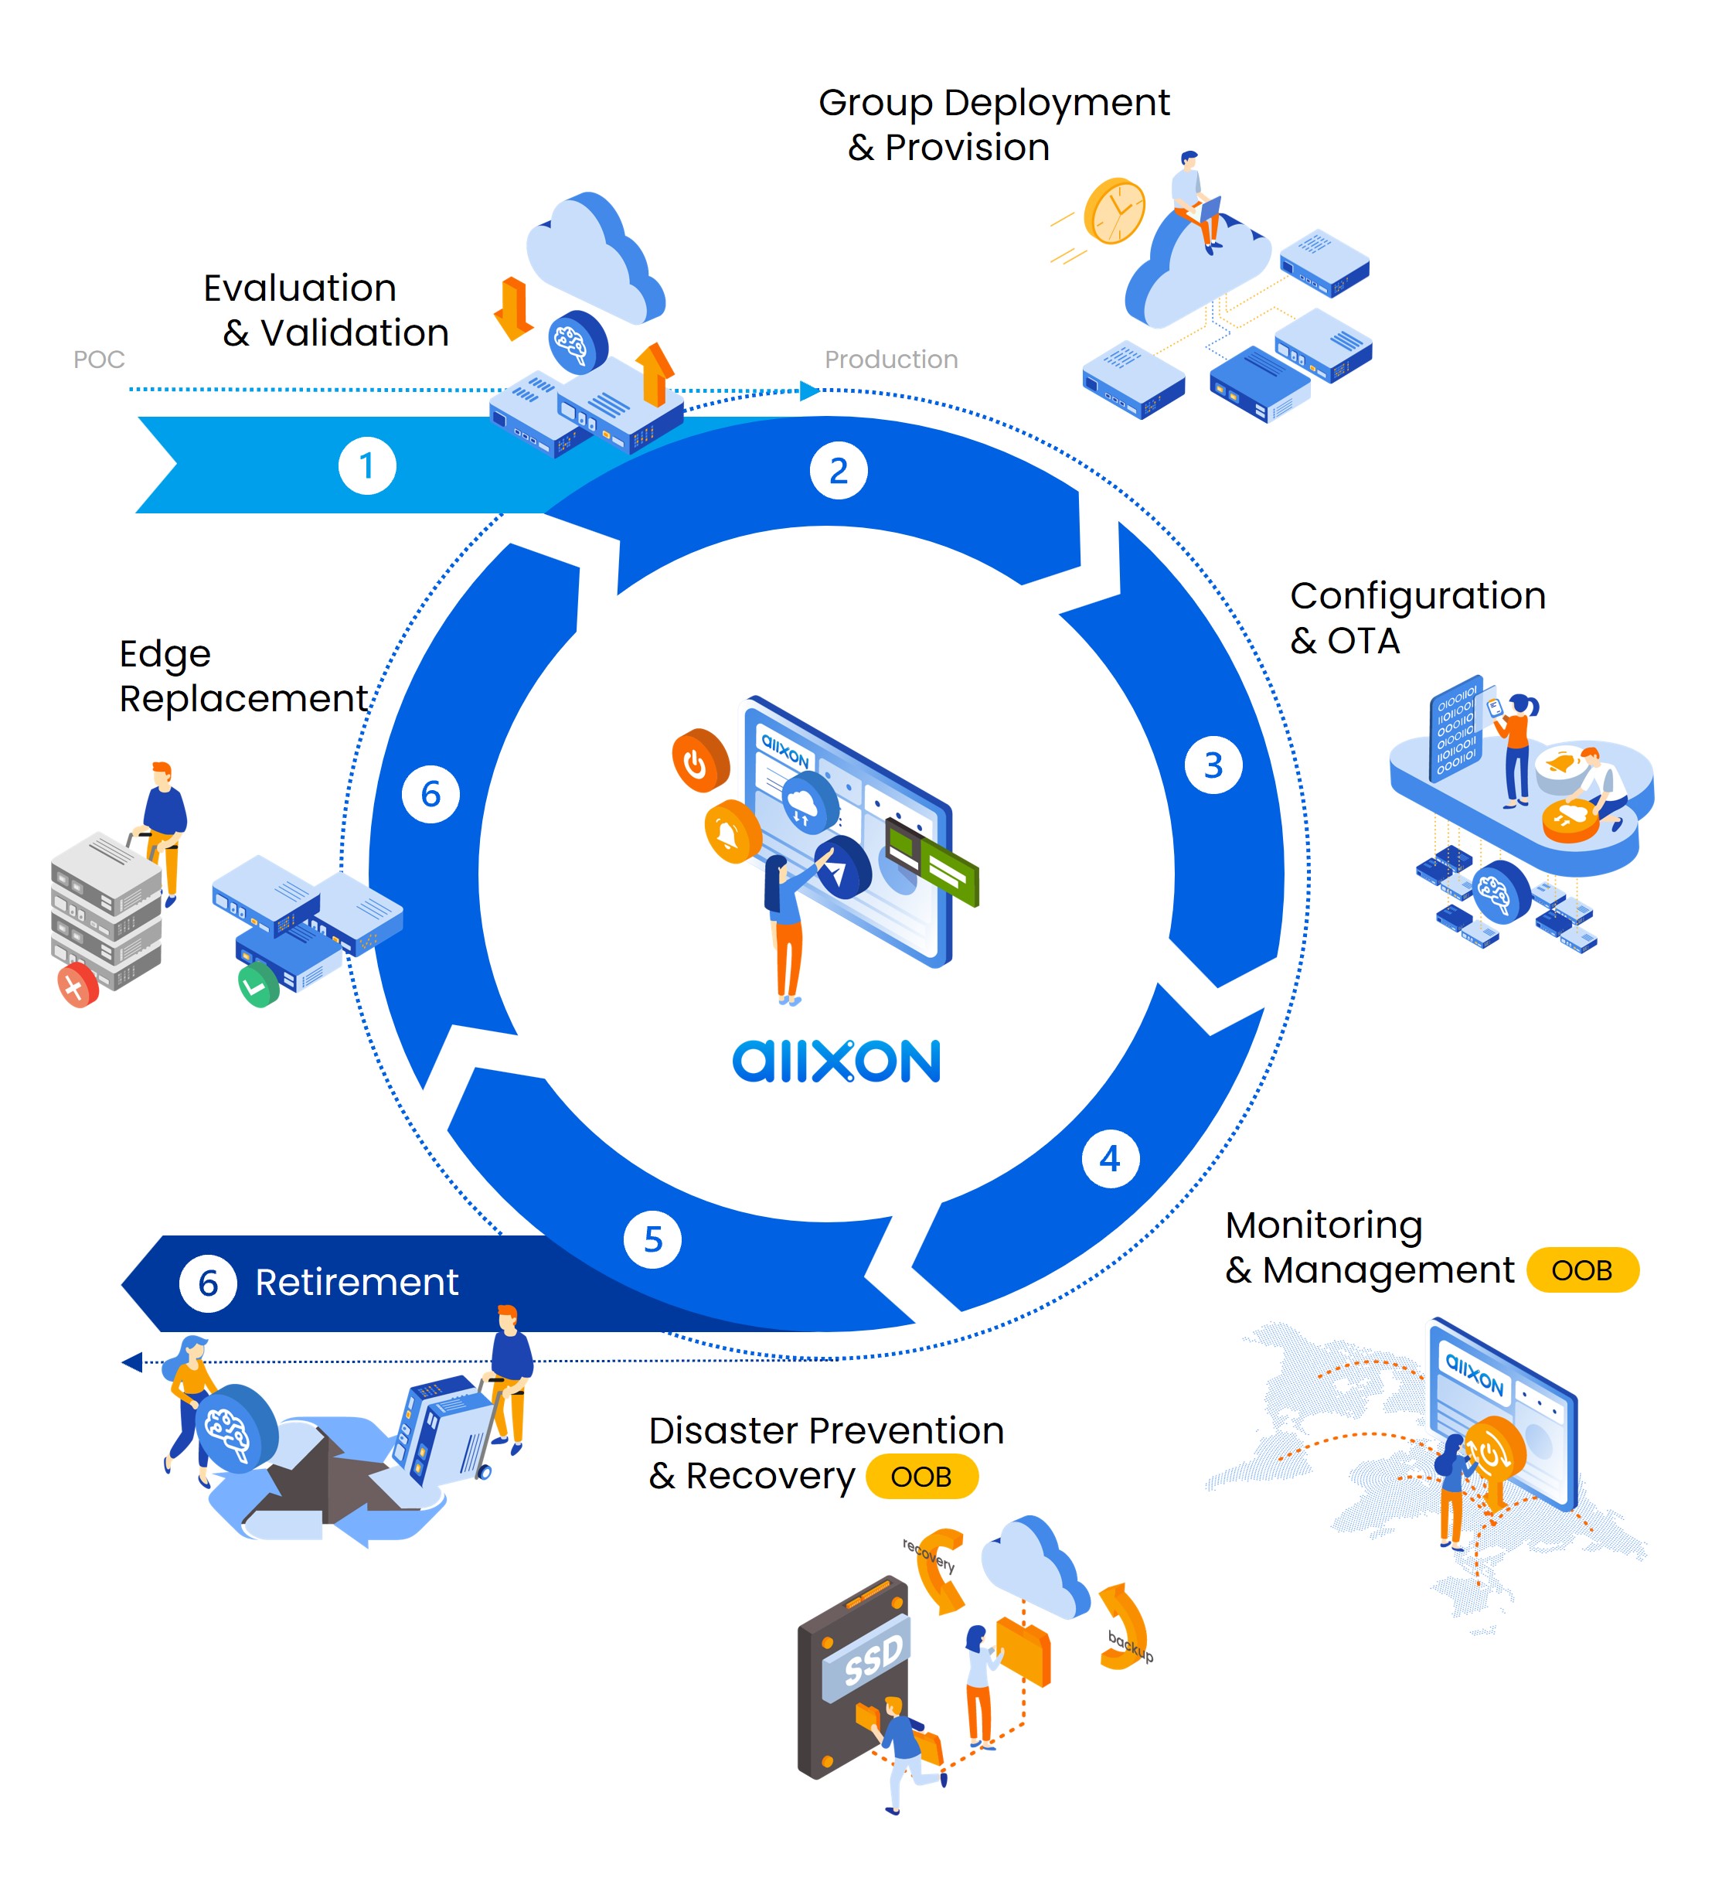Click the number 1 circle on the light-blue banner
click(x=366, y=465)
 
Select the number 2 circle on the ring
click(x=838, y=470)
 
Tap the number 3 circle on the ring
click(x=1213, y=765)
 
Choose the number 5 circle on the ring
click(x=652, y=1239)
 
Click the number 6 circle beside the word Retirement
click(x=208, y=1283)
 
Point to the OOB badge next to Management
click(x=1581, y=1270)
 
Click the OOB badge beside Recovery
click(x=921, y=1477)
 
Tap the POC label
click(x=98, y=360)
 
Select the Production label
click(x=890, y=360)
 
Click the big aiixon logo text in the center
click(x=835, y=1061)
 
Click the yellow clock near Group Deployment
click(x=1115, y=212)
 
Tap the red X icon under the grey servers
click(x=77, y=987)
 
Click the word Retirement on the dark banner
click(x=357, y=1282)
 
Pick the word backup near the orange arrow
click(x=1130, y=1645)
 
